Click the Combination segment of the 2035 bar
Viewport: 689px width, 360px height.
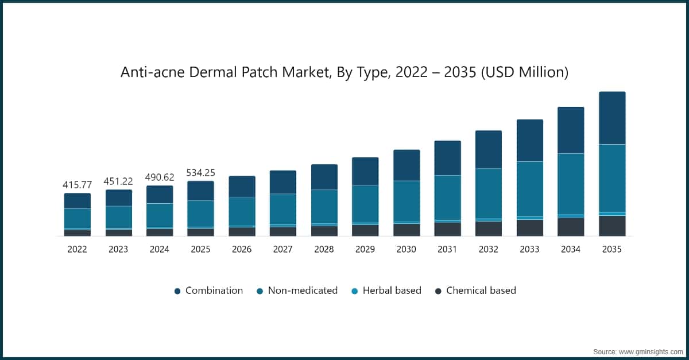612,118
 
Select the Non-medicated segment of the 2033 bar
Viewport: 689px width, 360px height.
530,189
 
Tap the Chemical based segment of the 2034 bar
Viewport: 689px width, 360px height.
571,227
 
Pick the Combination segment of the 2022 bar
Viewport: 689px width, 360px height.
78,201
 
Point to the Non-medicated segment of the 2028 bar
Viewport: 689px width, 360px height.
324,206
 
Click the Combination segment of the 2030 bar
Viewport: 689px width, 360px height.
407,165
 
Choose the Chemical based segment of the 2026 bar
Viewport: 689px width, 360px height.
242,231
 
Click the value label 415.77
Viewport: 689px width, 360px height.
78,185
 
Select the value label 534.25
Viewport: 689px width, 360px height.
200,173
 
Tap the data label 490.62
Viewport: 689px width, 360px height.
160,177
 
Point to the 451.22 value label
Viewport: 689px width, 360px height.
118,181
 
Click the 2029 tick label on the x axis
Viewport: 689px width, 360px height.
365,249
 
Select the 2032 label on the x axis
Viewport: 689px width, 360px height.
489,249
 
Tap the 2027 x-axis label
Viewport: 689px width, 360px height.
283,249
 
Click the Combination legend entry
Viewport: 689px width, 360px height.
214,291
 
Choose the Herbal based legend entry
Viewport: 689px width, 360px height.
392,291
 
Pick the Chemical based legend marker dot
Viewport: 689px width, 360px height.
438,291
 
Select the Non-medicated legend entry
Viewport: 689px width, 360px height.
302,291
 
